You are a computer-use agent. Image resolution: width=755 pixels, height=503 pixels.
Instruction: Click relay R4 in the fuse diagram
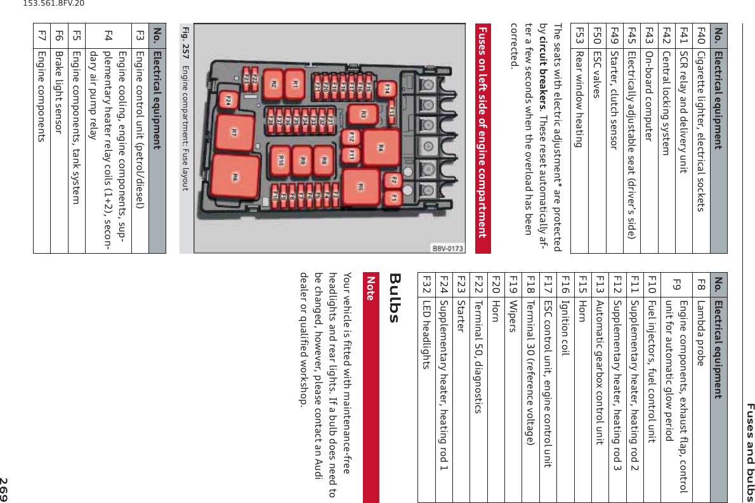(x=381, y=148)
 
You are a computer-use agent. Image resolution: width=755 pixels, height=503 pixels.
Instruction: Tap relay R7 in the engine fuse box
(x=234, y=133)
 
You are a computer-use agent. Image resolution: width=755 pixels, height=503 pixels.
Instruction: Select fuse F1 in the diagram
(x=393, y=199)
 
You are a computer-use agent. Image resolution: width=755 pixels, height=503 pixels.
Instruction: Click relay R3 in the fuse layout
(x=364, y=115)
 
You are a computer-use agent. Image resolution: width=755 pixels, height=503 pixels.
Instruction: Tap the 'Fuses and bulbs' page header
(x=748, y=449)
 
